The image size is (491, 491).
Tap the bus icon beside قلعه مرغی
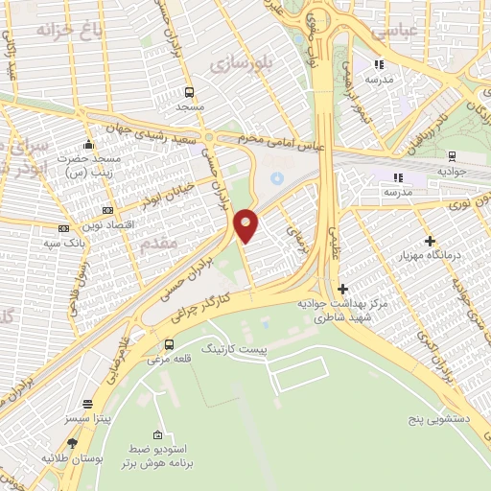click(x=170, y=345)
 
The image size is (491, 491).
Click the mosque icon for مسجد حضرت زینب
click(x=88, y=144)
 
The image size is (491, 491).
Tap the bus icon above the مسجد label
click(x=189, y=93)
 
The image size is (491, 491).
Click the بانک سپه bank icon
click(x=64, y=228)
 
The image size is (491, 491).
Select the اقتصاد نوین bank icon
click(x=106, y=210)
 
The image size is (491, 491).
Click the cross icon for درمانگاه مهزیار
click(x=430, y=241)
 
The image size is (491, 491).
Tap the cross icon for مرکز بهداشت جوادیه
click(x=342, y=289)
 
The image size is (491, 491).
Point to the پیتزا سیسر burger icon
click(x=88, y=405)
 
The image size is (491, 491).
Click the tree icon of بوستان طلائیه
click(x=73, y=444)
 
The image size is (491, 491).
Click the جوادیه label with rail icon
click(x=451, y=170)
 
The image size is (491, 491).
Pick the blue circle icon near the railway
click(x=277, y=177)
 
